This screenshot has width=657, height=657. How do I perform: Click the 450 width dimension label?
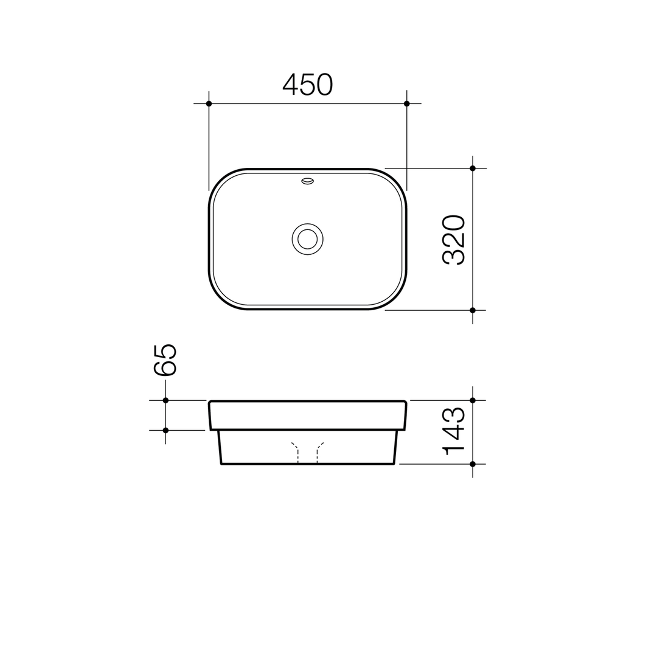pos(308,85)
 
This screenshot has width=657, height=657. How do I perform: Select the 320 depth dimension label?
pos(453,240)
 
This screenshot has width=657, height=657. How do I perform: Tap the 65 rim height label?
pos(165,360)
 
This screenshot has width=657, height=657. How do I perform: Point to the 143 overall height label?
pos(453,431)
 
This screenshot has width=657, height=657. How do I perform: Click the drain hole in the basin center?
pos(307,239)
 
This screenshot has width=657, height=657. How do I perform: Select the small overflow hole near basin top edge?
pos(307,181)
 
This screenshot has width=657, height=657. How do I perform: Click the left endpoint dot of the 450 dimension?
pos(209,103)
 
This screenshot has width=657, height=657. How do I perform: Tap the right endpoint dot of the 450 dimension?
pos(406,103)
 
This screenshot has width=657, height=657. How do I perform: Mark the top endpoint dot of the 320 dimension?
pos(473,168)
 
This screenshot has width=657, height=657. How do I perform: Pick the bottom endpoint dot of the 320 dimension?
pos(473,310)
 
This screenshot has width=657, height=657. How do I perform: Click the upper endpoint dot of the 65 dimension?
pos(165,400)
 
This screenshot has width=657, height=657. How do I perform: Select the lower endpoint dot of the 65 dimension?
pos(165,430)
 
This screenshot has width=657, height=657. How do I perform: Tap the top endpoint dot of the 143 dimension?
pos(473,400)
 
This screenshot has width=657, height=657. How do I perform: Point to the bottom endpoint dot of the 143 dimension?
pos(473,464)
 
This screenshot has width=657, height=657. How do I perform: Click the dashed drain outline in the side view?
pos(307,453)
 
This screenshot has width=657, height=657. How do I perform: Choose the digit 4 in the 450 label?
pos(290,85)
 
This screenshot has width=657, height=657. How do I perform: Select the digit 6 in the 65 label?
pos(165,369)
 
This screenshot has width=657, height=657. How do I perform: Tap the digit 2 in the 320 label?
pos(453,240)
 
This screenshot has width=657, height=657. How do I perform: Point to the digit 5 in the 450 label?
pos(307,85)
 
